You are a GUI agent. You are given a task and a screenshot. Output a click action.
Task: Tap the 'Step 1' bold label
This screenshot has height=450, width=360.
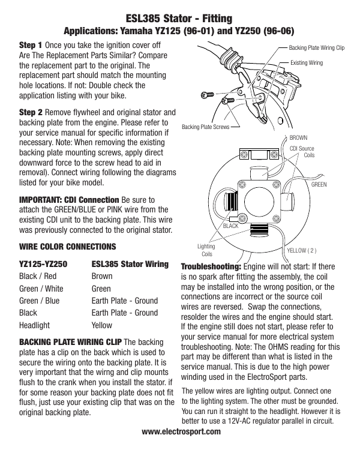(x=31, y=45)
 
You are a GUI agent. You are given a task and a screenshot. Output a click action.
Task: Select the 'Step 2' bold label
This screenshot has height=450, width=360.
(x=31, y=112)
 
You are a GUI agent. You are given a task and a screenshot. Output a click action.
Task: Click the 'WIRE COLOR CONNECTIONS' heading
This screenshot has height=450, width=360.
(x=59, y=247)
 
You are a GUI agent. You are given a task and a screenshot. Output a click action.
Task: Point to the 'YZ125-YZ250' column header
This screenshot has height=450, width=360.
(x=43, y=263)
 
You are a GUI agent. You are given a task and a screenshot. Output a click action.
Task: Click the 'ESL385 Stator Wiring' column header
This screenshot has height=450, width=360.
(x=130, y=263)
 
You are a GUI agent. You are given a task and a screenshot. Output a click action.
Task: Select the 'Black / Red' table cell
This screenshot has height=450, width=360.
(x=38, y=277)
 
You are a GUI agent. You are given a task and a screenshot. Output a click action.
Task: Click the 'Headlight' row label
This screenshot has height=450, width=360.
(x=34, y=325)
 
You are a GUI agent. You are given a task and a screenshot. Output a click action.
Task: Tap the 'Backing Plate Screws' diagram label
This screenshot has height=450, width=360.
(x=203, y=127)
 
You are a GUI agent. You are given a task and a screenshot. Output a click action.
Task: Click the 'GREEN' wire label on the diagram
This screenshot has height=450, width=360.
(x=319, y=185)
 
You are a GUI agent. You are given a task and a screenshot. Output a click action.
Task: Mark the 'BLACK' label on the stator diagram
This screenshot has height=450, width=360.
(x=231, y=226)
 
